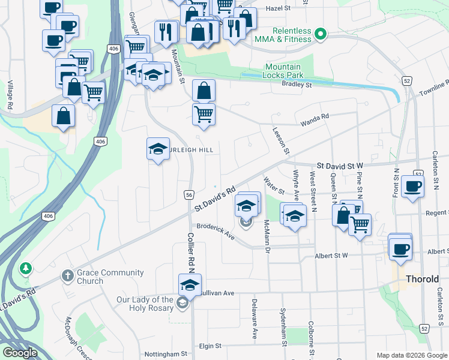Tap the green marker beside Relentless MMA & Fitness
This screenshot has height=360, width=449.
pos(321,35)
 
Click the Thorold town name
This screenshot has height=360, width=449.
pos(423,279)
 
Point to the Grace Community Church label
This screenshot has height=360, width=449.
pos(110,277)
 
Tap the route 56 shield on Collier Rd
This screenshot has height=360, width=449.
pos(188,194)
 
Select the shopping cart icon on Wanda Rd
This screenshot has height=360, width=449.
pos(204,113)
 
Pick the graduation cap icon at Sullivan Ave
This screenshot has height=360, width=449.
pos(190,284)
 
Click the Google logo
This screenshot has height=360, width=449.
pos(20,353)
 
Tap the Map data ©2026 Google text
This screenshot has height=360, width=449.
pos(411,355)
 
